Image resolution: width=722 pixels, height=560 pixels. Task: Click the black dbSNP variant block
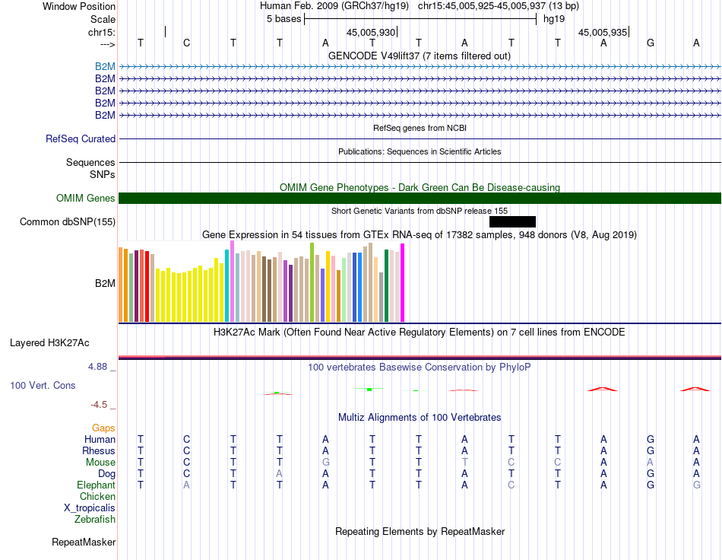pos(512,221)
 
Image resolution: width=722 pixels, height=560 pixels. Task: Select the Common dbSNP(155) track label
pos(68,221)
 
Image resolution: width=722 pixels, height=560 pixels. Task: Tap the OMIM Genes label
pos(86,198)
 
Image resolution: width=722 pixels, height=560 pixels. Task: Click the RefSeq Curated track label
pos(81,138)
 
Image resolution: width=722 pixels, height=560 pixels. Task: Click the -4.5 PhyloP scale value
pos(99,405)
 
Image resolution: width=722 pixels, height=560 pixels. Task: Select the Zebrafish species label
pos(95,520)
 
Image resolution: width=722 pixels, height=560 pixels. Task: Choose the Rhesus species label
pos(99,450)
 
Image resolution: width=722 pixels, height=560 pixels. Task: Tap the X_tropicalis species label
pos(90,508)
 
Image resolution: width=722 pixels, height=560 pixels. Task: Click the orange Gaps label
pos(103,428)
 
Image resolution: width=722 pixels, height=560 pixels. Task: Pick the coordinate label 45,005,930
pos(371,32)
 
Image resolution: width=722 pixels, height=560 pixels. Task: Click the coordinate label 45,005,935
pos(603,32)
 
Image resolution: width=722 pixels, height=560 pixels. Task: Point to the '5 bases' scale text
pos(283,19)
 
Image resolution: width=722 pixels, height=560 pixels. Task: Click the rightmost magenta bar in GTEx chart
pos(403,282)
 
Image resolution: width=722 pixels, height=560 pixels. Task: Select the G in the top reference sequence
pos(650,43)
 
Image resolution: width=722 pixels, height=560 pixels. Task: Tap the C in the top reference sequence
pos(186,43)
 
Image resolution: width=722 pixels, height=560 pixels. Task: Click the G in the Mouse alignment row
pos(325,463)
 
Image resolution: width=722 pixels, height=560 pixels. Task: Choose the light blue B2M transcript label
pos(105,67)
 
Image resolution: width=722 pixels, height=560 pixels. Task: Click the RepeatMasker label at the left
pos(84,542)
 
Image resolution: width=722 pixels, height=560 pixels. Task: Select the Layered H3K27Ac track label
pos(49,343)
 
